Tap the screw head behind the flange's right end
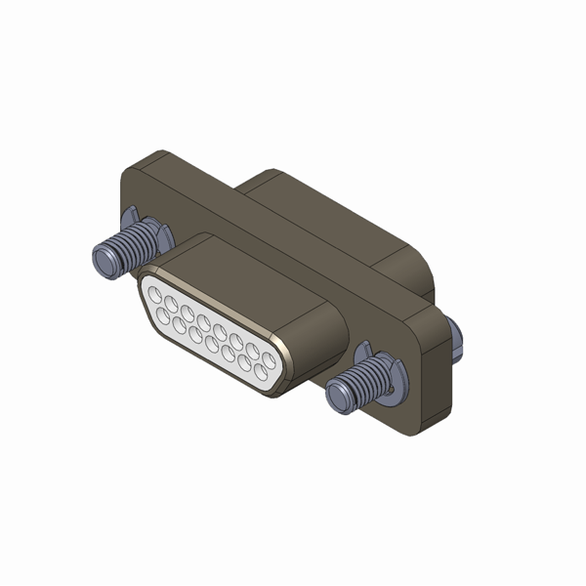pos(455,336)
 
